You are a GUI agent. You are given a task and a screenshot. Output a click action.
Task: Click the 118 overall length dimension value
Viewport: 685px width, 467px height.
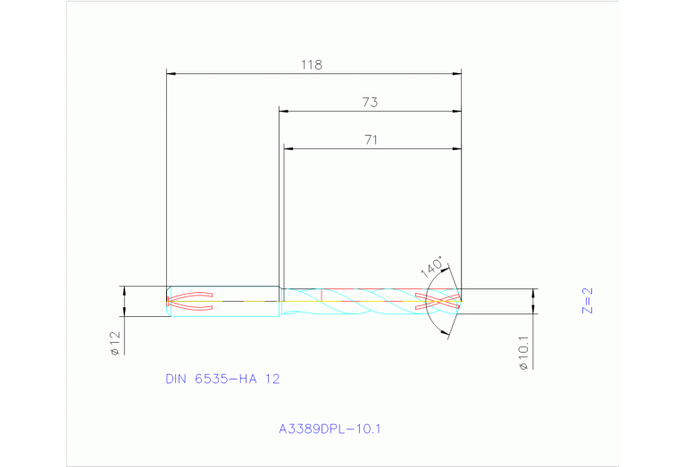pyautogui.click(x=311, y=64)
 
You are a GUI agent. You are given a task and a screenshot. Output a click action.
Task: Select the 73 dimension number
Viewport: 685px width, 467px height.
pyautogui.click(x=370, y=103)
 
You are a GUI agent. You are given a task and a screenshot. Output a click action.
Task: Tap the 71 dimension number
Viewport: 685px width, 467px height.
pyautogui.click(x=372, y=139)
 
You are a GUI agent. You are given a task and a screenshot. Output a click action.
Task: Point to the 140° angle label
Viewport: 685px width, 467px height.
pyautogui.click(x=432, y=267)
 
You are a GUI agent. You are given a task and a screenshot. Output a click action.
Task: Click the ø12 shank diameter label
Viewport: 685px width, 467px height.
pyautogui.click(x=115, y=344)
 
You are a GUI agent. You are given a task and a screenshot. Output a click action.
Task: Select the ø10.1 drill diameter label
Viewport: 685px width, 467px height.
pyautogui.click(x=523, y=352)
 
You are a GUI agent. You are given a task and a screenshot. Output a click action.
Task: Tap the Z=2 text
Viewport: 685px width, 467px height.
pyautogui.click(x=587, y=301)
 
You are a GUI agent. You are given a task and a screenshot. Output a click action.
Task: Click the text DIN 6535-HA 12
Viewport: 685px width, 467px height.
pyautogui.click(x=222, y=379)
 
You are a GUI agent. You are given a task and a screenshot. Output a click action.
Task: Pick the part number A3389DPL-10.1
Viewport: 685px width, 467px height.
pyautogui.click(x=330, y=429)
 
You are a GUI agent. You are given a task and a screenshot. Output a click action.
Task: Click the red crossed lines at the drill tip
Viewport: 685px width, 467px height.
pyautogui.click(x=441, y=300)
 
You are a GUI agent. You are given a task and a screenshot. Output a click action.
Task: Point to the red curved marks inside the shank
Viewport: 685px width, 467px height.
pyautogui.click(x=190, y=300)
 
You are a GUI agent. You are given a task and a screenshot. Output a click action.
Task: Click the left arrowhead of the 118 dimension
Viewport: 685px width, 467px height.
pyautogui.click(x=172, y=73)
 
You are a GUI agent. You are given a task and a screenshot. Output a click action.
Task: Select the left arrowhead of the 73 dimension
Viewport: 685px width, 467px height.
pyautogui.click(x=284, y=112)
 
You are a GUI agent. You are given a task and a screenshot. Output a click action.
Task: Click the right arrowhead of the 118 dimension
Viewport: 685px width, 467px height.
pyautogui.click(x=456, y=73)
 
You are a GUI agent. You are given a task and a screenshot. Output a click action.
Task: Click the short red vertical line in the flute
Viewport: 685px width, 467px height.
pyautogui.click(x=321, y=294)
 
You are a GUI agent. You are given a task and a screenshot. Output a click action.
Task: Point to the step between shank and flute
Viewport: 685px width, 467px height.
pyautogui.click(x=280, y=300)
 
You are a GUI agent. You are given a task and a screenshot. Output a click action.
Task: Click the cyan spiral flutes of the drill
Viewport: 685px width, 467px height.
pyautogui.click(x=366, y=301)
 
